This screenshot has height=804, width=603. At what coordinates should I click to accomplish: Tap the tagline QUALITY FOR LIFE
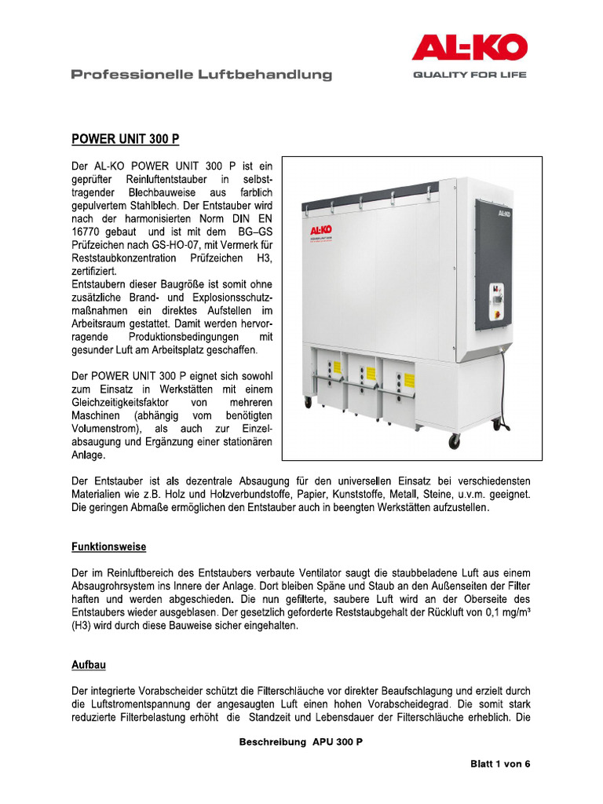(x=470, y=75)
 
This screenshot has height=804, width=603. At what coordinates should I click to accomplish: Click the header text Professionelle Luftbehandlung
(x=201, y=75)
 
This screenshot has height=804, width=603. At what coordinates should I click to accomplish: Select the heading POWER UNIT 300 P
(x=126, y=140)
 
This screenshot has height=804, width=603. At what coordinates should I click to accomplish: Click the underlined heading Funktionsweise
(x=108, y=546)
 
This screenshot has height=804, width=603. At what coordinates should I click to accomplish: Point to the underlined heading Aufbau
(x=89, y=665)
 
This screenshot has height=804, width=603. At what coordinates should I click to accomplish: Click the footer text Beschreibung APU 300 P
(x=301, y=742)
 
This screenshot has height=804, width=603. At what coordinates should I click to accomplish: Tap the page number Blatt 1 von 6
(x=500, y=763)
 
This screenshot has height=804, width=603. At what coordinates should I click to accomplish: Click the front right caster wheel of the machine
(x=454, y=442)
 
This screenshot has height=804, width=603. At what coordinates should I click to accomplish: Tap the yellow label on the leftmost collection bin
(x=335, y=367)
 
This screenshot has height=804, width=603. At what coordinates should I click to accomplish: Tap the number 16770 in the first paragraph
(x=87, y=233)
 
